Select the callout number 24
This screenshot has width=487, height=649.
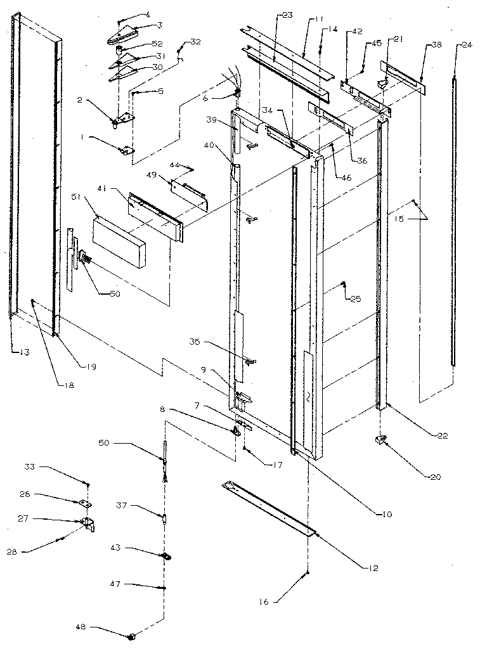click(467, 45)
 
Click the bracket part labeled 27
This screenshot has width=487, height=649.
click(88, 524)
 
